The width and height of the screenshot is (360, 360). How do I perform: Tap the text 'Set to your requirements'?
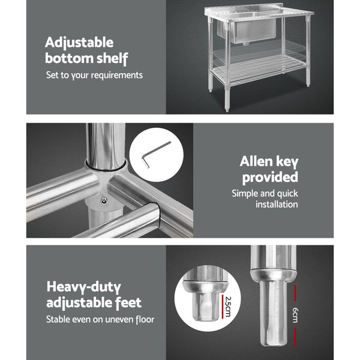point(95,76)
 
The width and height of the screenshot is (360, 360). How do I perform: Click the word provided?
point(270,178)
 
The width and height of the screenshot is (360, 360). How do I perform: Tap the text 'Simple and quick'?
point(265,194)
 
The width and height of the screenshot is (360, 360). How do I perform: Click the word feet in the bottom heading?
point(129,303)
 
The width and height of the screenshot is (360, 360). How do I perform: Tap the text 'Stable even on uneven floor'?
point(100,320)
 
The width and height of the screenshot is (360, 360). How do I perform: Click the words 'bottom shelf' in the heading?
point(87,59)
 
